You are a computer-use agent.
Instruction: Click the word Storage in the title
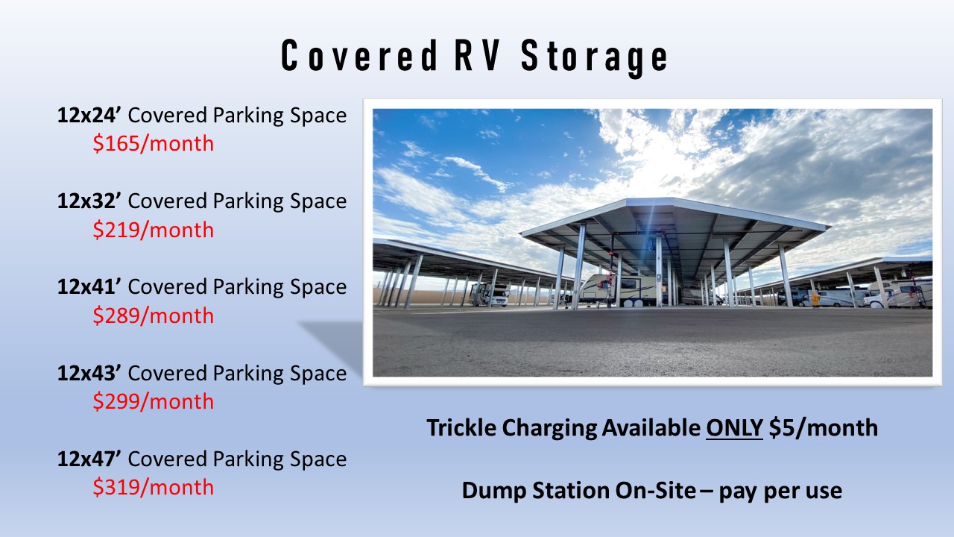pyautogui.click(x=594, y=57)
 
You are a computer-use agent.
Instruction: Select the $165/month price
pyautogui.click(x=153, y=143)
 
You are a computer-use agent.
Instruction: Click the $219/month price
pyautogui.click(x=153, y=230)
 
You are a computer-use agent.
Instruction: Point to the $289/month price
pyautogui.click(x=153, y=315)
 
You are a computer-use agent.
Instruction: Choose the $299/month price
pyautogui.click(x=153, y=401)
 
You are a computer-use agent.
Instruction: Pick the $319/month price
pyautogui.click(x=153, y=487)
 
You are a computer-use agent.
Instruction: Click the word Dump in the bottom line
pyautogui.click(x=494, y=491)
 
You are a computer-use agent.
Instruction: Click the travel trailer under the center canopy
pyautogui.click(x=622, y=289)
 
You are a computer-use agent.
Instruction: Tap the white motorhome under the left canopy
pyautogui.click(x=490, y=295)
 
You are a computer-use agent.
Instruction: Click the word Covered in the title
pyautogui.click(x=358, y=57)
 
